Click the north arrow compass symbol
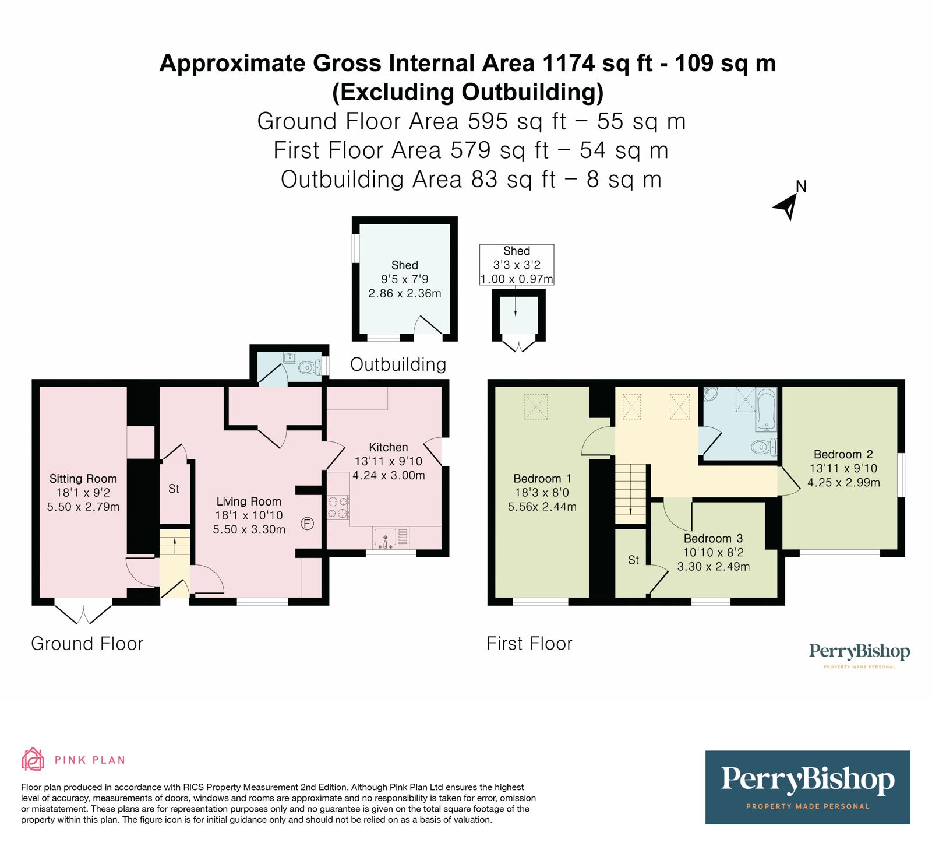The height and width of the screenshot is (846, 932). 788,205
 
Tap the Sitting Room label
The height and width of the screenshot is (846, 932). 83,479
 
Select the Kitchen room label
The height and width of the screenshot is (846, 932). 388,447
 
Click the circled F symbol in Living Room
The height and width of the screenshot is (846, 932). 307,524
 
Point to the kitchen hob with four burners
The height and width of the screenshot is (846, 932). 338,507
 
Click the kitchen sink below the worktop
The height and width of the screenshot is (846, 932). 385,538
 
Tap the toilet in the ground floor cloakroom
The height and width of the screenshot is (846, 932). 308,367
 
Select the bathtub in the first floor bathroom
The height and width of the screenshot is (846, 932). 766,410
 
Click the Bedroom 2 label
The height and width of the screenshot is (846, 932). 843,454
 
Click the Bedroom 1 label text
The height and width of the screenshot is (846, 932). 542,479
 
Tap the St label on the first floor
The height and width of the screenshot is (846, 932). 633,560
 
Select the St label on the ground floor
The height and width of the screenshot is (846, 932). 174,489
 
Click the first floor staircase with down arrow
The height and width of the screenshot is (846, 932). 631,494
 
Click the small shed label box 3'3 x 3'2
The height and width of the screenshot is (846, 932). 516,265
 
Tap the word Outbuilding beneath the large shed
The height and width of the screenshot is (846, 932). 398,364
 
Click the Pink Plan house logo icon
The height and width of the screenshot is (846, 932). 33,759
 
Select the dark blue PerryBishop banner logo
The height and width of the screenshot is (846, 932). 807,787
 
